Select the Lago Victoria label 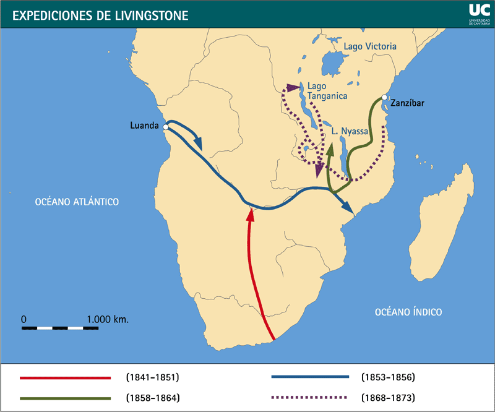click(x=370, y=46)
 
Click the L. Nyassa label click(x=350, y=132)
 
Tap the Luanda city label click(x=144, y=125)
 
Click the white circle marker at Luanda click(x=166, y=127)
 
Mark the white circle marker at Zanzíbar click(x=384, y=98)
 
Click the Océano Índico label click(x=408, y=312)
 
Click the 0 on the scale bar click(x=24, y=319)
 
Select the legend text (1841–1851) click(x=152, y=377)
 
